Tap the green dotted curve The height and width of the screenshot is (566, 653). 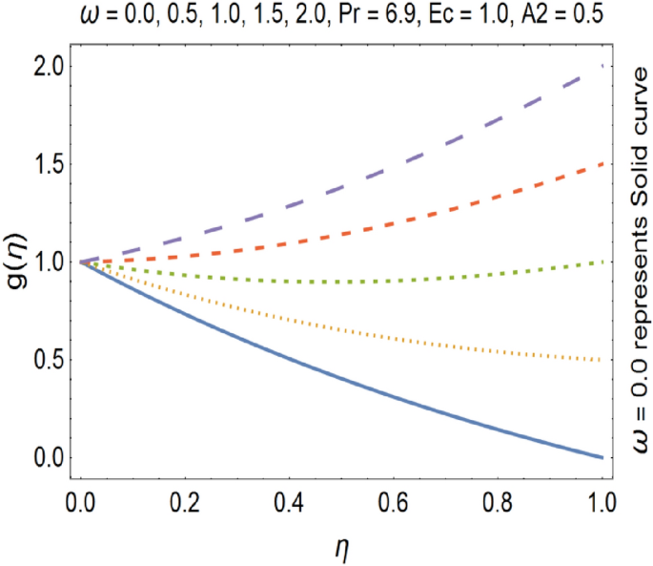[381, 281]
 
